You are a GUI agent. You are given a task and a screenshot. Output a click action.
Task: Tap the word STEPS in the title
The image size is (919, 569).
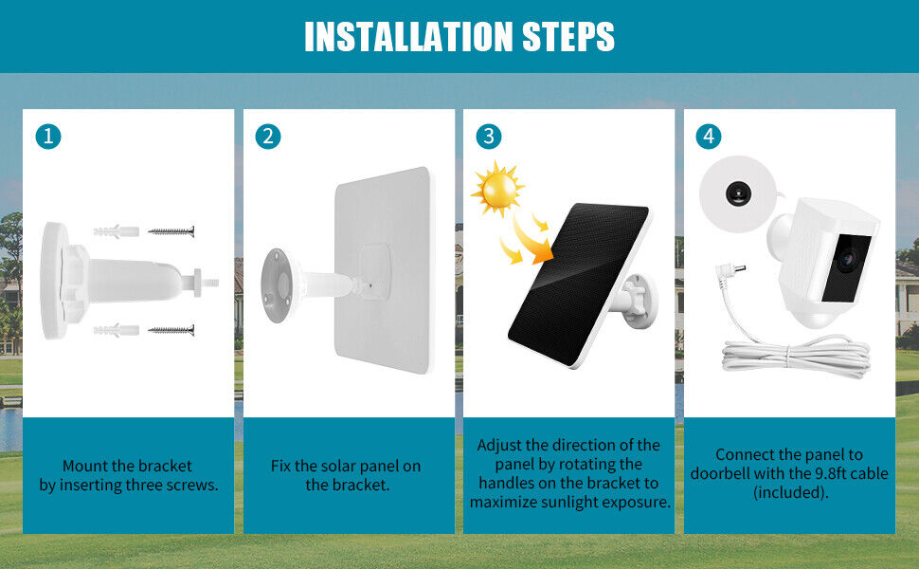point(568,36)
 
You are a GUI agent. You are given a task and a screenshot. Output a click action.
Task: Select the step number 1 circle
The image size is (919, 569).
point(48,137)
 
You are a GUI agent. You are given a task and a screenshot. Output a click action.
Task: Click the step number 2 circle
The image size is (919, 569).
point(268,137)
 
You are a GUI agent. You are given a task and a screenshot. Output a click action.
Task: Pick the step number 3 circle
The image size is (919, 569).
point(488,137)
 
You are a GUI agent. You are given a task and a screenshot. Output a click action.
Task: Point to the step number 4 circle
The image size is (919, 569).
point(709,137)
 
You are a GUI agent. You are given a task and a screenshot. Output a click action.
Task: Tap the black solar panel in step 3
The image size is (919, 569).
point(578,284)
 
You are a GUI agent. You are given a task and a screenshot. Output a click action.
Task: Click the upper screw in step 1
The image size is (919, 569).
point(171,231)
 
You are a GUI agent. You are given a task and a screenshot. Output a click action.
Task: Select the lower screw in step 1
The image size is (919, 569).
point(171,330)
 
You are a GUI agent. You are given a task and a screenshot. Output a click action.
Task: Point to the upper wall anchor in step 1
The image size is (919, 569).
point(116,231)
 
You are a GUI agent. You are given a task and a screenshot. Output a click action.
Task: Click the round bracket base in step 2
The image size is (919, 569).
point(277,285)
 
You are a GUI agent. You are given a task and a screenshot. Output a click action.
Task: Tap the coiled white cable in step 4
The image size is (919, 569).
point(796,354)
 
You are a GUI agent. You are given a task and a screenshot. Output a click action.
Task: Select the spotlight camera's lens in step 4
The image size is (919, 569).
point(848,258)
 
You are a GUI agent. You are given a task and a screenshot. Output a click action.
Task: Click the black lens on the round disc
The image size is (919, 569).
point(737,193)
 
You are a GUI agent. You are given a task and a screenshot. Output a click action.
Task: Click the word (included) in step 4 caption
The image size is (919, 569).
point(791,492)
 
